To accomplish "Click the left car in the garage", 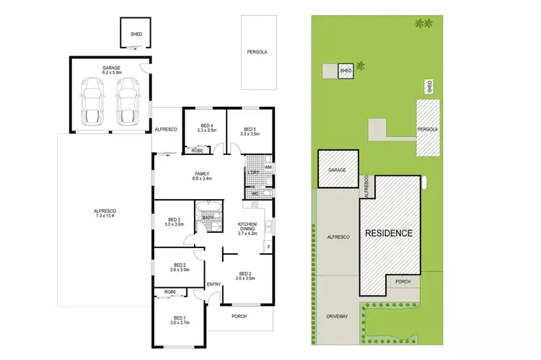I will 92,101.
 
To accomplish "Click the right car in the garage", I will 127,101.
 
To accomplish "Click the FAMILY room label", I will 202,173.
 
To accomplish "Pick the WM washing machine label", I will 268,167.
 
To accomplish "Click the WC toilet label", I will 255,193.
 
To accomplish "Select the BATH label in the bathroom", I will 208,217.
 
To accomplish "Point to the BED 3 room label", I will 174,219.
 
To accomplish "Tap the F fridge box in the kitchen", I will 268,247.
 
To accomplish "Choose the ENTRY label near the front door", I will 215,284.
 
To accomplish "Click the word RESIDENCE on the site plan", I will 388,233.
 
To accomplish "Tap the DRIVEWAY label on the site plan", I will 338,315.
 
